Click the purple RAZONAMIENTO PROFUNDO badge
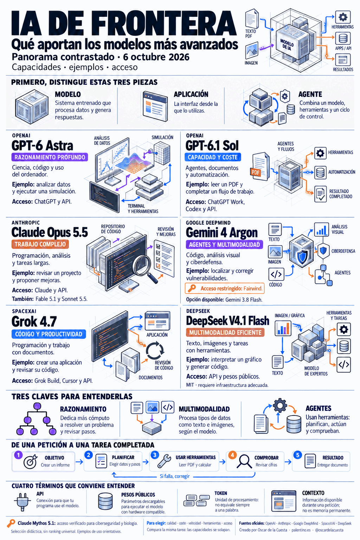50,157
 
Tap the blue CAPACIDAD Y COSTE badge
213,157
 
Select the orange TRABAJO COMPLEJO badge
40,244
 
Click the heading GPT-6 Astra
42,146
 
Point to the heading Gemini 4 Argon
221,233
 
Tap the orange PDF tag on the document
256,172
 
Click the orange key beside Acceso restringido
192,288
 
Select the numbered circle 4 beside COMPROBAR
232,455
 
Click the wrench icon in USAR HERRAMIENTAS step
164,461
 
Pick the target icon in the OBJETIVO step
30,461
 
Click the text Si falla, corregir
175,476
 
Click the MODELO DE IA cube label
287,45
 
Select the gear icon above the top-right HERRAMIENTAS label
343,17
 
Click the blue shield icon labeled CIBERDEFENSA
323,250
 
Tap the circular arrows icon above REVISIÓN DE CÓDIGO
155,350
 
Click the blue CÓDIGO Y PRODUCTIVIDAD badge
49,334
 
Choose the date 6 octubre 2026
156,57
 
